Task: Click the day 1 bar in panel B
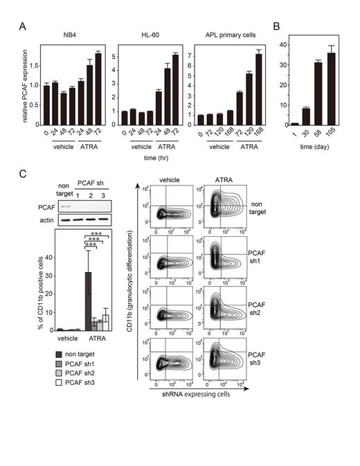(x=295, y=123)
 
